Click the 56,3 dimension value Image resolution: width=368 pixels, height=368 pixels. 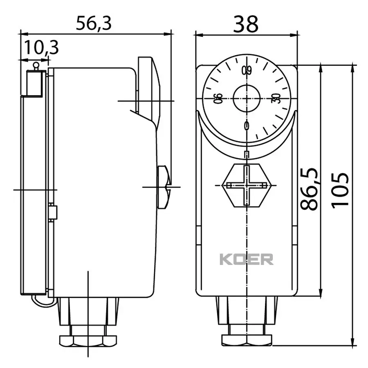(94, 24)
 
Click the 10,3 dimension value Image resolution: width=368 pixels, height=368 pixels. (40, 48)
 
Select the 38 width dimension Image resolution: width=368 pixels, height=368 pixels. (246, 24)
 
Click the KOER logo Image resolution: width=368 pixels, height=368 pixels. (247, 259)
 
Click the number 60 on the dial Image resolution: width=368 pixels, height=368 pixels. (246, 70)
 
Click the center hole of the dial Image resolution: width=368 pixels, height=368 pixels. (246, 98)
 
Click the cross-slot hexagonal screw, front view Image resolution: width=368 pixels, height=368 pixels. (247, 186)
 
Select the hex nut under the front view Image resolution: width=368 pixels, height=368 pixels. (247, 339)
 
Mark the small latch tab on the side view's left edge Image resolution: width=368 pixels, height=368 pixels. (52, 212)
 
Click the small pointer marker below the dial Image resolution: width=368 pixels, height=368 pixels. (246, 154)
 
